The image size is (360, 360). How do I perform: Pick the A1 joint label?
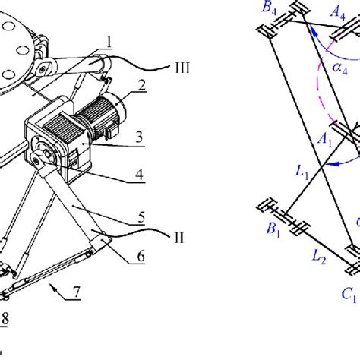click(x=324, y=141)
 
